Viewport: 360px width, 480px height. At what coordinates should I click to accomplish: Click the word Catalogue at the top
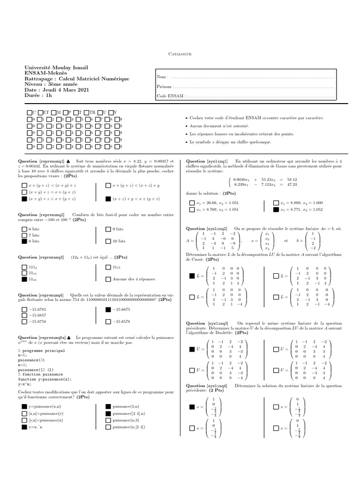pos(180,54)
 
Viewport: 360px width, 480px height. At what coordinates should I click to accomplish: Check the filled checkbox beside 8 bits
pos(24,241)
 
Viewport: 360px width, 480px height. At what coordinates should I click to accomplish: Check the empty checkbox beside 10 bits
pos(108,241)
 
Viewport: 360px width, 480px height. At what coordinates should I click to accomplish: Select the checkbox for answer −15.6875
pos(108,310)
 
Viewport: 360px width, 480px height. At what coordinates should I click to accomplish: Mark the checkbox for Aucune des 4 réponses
pos(108,279)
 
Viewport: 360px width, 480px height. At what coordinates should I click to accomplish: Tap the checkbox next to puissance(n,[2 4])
pos(108,427)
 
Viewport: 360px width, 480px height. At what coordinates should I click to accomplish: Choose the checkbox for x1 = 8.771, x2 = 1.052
pos(276,210)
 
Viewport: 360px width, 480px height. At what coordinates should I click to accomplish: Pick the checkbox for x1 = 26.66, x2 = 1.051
pos(192,202)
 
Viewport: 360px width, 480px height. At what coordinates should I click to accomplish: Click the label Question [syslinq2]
pos(207,229)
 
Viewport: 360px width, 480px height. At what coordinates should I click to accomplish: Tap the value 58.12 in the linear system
pos(292,179)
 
